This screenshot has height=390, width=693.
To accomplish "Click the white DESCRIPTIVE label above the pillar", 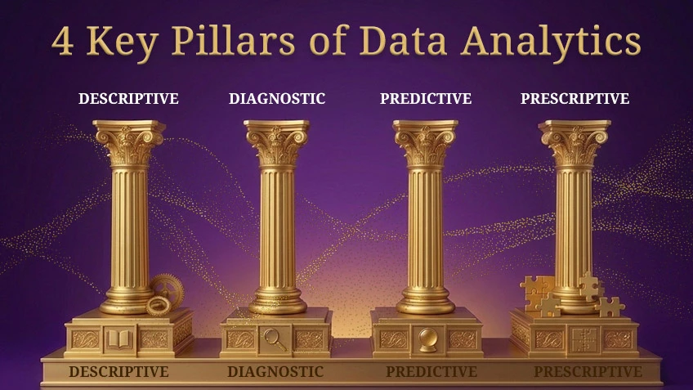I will [x=128, y=99].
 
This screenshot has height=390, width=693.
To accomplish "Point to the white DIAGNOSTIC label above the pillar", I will [x=277, y=99].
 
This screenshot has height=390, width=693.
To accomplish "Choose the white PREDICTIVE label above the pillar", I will [x=425, y=99].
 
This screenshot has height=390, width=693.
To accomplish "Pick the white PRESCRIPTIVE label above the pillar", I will [x=575, y=99].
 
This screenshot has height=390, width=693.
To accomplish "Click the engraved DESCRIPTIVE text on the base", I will [x=118, y=372].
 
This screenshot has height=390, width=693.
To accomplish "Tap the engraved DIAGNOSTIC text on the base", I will [x=275, y=372].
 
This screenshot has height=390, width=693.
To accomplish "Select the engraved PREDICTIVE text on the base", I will [x=431, y=372].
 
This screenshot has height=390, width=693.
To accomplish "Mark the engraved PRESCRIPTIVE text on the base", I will [x=588, y=372].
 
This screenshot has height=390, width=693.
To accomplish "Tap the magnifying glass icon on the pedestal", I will [x=275, y=338].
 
